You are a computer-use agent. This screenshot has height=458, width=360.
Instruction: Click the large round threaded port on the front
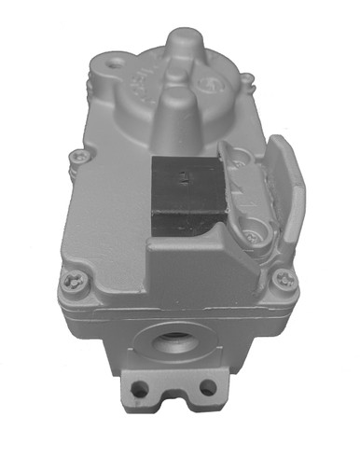pos(174,342)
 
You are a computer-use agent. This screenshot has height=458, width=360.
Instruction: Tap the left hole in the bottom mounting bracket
pos(140,384)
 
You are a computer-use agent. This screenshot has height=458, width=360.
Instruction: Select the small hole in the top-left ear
pos(116,66)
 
